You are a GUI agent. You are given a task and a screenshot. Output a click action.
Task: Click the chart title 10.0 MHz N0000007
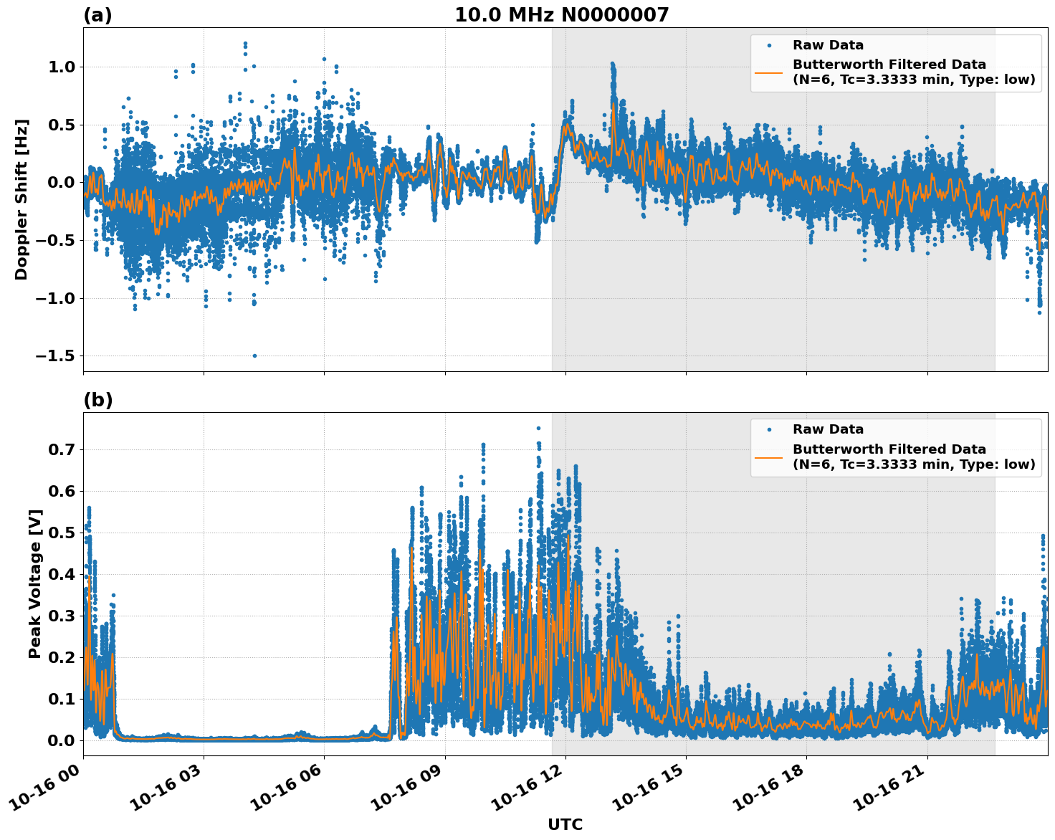click(x=561, y=15)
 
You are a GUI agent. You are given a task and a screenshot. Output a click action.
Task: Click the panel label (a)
click(x=97, y=15)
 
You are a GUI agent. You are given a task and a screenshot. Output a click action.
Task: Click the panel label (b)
click(x=97, y=400)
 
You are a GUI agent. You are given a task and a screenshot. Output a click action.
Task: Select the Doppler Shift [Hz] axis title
click(x=22, y=199)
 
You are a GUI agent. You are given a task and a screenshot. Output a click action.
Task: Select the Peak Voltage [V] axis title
click(x=35, y=583)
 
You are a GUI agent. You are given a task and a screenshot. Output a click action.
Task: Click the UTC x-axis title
click(x=565, y=824)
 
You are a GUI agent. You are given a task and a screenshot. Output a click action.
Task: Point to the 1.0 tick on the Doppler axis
click(x=62, y=67)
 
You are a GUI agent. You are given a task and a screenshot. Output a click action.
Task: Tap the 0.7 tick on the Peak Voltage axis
click(x=62, y=450)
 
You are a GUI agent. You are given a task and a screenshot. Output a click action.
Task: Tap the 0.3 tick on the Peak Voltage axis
click(x=62, y=616)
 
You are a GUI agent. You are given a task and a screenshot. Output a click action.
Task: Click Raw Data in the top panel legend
click(x=828, y=45)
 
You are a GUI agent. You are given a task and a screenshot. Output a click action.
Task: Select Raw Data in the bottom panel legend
click(x=828, y=429)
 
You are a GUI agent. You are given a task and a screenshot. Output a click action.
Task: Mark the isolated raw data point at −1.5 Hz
click(x=254, y=355)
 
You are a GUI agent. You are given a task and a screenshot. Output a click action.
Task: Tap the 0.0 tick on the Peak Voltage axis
click(x=62, y=740)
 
